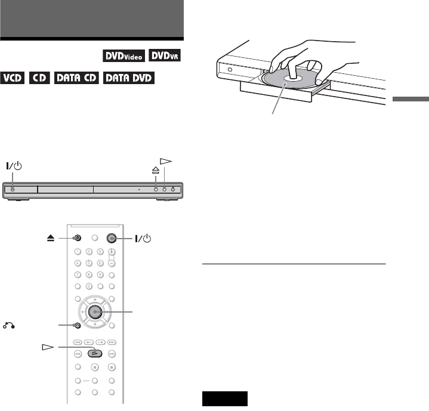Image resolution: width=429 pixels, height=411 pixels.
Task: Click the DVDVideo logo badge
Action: tap(124, 56)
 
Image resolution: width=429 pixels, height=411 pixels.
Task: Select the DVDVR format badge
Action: tap(165, 55)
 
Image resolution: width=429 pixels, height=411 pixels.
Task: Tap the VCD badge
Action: tap(13, 78)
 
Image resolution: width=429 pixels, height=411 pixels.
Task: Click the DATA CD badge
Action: tap(76, 78)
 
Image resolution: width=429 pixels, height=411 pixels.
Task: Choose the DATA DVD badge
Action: tap(129, 78)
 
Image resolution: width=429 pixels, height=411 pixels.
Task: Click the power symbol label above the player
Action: tap(14, 166)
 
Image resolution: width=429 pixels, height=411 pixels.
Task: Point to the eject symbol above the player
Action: tap(156, 170)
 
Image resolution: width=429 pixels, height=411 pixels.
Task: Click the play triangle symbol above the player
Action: tap(166, 161)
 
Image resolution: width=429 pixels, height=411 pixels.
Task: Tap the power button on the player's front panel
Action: tap(13, 189)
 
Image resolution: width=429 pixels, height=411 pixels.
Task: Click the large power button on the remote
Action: tap(112, 238)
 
